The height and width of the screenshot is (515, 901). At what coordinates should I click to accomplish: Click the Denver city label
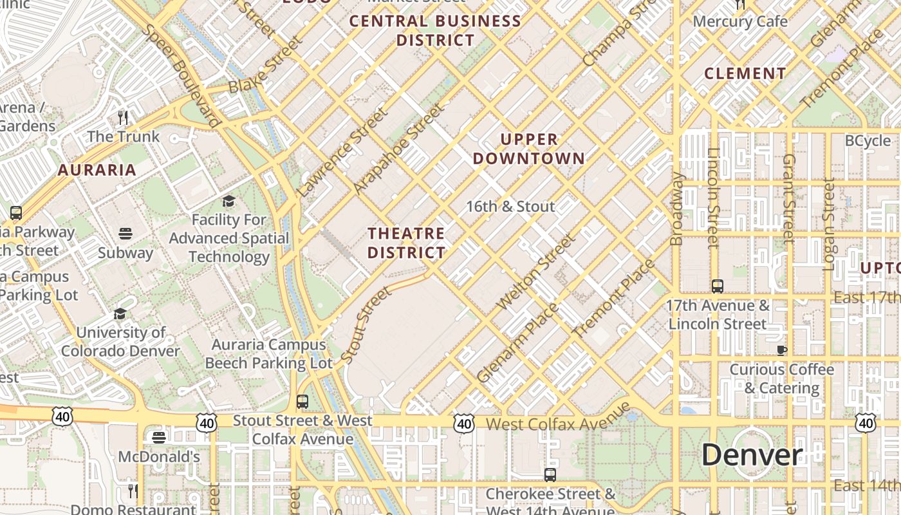point(752,455)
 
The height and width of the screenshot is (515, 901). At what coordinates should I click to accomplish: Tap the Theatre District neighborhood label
point(406,243)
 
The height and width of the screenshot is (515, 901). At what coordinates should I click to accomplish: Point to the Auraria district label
point(97,170)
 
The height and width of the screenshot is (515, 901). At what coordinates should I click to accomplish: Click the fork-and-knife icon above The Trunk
point(124,117)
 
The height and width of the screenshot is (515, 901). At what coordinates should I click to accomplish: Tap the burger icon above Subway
point(125,233)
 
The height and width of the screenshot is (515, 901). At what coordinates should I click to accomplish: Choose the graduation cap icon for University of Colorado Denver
point(120,314)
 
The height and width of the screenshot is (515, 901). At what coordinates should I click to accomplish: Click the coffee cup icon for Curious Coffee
point(781,350)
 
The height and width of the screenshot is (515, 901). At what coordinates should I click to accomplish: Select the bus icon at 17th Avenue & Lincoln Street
point(718,286)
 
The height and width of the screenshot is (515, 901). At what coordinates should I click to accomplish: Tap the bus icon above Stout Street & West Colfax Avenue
point(302,402)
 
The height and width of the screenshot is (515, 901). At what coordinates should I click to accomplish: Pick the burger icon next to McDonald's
point(159,438)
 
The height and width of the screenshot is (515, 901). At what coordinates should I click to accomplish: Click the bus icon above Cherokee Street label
point(550,475)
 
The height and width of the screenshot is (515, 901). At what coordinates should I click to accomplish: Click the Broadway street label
point(676,209)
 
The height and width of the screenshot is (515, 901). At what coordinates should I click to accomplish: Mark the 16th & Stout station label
point(510,207)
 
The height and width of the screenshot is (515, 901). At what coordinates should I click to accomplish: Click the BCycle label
point(868,141)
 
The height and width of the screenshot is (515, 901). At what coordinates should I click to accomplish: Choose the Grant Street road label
point(789,198)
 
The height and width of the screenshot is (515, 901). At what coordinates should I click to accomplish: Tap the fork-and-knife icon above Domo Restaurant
point(133,491)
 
